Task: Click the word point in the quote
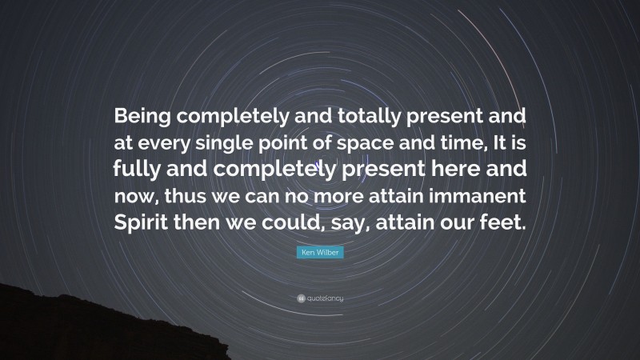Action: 297,144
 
